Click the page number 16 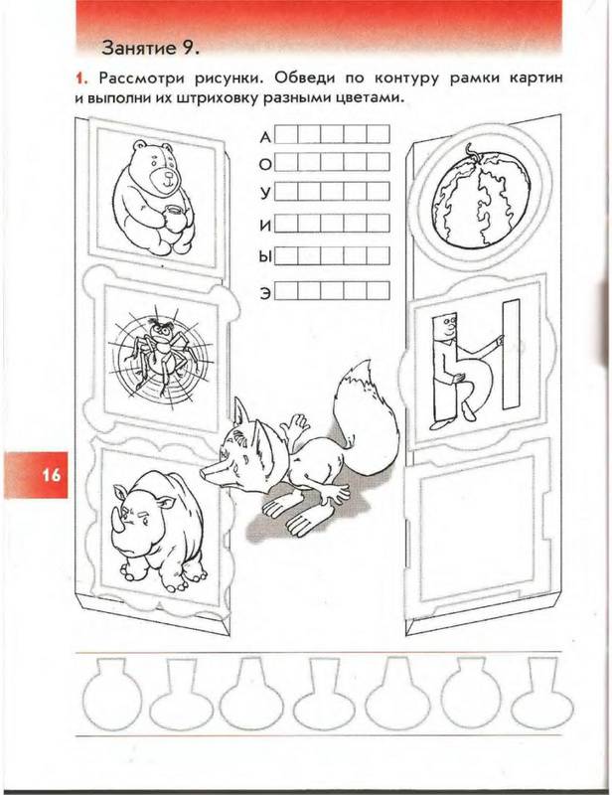pyautogui.click(x=52, y=476)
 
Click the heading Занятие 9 pyautogui.click(x=151, y=48)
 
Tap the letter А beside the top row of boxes pyautogui.click(x=265, y=137)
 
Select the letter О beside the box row pyautogui.click(x=265, y=165)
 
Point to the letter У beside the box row pyautogui.click(x=265, y=193)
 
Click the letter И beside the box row pyautogui.click(x=265, y=226)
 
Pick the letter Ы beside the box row pyautogui.click(x=264, y=257)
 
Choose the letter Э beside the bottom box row pyautogui.click(x=265, y=293)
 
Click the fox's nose pyautogui.click(x=205, y=473)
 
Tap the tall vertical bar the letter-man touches pyautogui.click(x=511, y=355)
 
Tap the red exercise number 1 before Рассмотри pyautogui.click(x=79, y=79)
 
